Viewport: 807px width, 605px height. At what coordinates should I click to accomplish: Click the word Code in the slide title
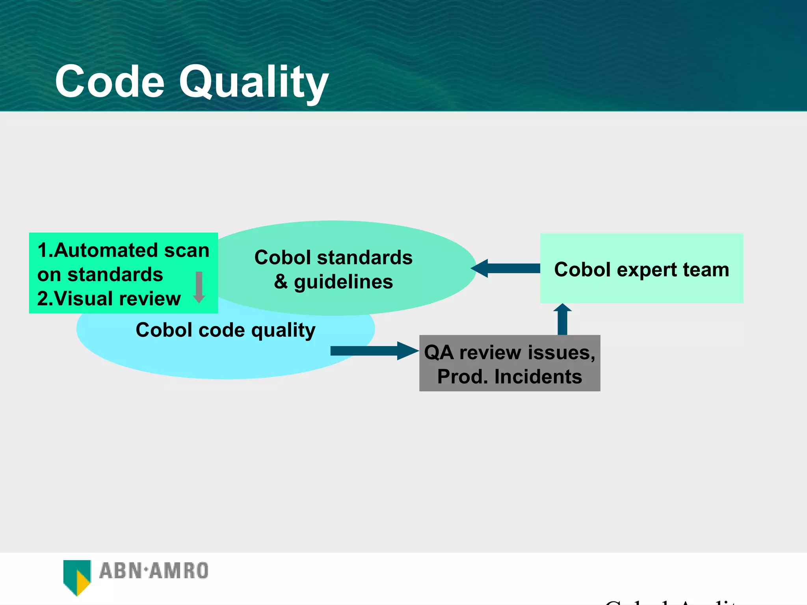coord(110,82)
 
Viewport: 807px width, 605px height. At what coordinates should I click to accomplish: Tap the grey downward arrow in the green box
coord(199,287)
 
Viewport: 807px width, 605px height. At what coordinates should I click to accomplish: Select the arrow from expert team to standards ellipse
coord(506,268)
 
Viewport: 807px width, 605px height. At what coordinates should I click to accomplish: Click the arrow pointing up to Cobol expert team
coord(562,319)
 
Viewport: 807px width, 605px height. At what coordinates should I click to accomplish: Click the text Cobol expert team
coord(641,269)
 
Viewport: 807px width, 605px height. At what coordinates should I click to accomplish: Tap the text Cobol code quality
coord(225,330)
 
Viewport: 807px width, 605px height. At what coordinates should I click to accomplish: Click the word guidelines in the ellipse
coord(343,282)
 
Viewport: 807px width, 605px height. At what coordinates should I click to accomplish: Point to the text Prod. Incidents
coord(509,377)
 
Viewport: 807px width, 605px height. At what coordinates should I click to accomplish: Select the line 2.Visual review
coord(109,299)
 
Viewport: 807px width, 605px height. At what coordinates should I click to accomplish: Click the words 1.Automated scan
coord(123,250)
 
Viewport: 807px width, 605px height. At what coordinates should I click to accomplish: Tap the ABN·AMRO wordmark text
coord(154,571)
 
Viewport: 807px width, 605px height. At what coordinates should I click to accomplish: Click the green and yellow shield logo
coord(77,576)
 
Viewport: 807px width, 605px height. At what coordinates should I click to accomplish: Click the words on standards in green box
coord(100,275)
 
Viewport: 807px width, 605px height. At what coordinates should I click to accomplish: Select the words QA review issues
coord(509,352)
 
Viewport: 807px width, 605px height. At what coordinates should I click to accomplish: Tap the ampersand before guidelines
coord(281,282)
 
